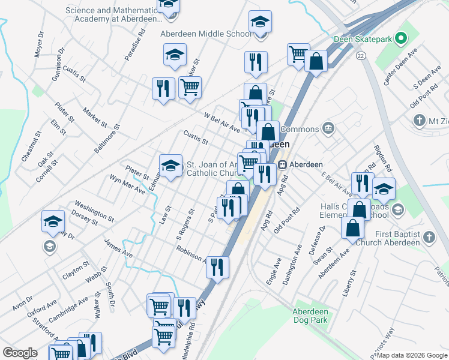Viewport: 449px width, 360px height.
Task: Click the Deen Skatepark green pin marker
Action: [402, 39]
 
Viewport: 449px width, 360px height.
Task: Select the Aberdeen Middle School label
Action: [206, 34]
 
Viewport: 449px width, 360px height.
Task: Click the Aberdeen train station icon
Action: [282, 164]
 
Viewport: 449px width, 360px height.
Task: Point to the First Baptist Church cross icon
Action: [429, 237]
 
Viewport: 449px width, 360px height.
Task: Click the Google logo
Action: [20, 353]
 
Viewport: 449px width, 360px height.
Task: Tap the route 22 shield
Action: [360, 55]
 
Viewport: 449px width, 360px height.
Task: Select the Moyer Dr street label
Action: [40, 43]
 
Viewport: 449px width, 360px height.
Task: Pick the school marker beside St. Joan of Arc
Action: [170, 165]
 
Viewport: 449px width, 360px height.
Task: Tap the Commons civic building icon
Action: [328, 128]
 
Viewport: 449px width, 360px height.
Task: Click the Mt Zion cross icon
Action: [419, 121]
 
